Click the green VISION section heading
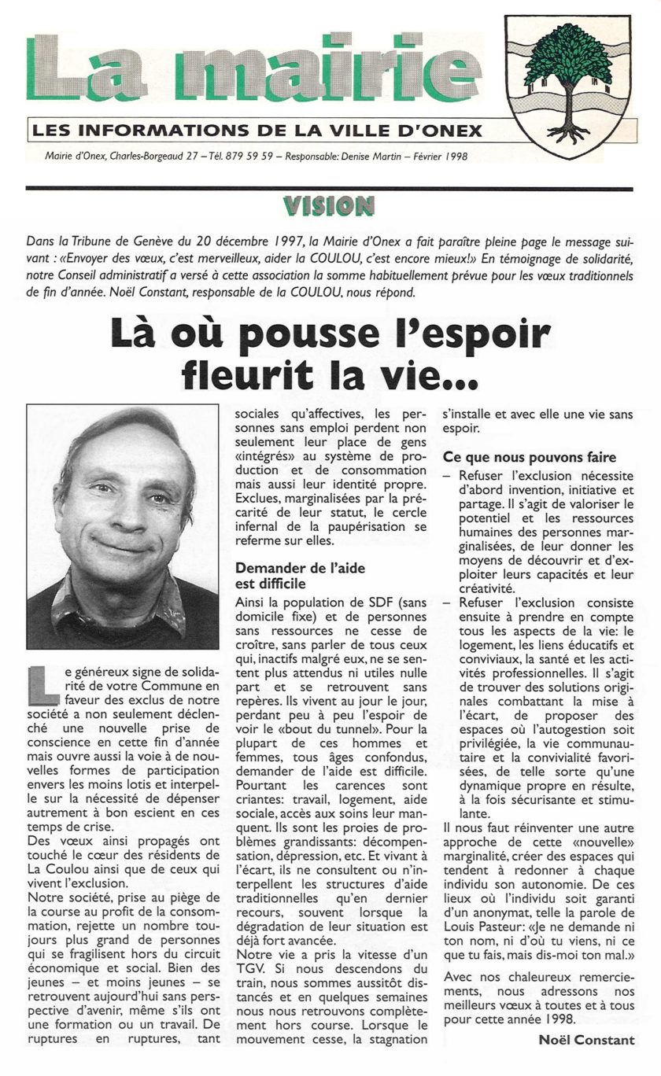click(x=329, y=206)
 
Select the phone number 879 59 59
click(x=249, y=157)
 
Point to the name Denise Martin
click(x=370, y=157)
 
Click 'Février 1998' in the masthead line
click(x=438, y=157)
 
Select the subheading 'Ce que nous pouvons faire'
click(x=529, y=457)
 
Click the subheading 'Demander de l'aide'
click(x=301, y=568)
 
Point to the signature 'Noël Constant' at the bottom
click(x=586, y=1040)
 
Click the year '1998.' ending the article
click(x=558, y=1017)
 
